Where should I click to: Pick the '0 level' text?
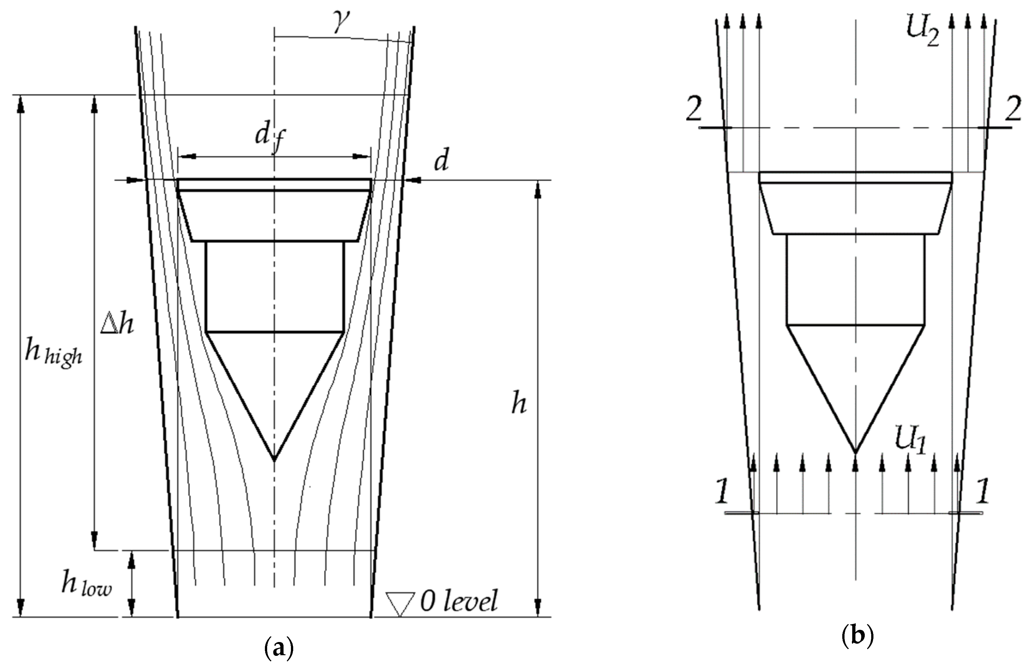[459, 601]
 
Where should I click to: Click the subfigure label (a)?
[279, 649]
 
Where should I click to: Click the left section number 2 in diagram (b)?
[694, 113]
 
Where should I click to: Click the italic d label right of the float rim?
[441, 161]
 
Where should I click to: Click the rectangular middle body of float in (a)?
[275, 286]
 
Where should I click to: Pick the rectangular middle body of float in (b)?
[855, 279]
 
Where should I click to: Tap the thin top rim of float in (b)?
[855, 177]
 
